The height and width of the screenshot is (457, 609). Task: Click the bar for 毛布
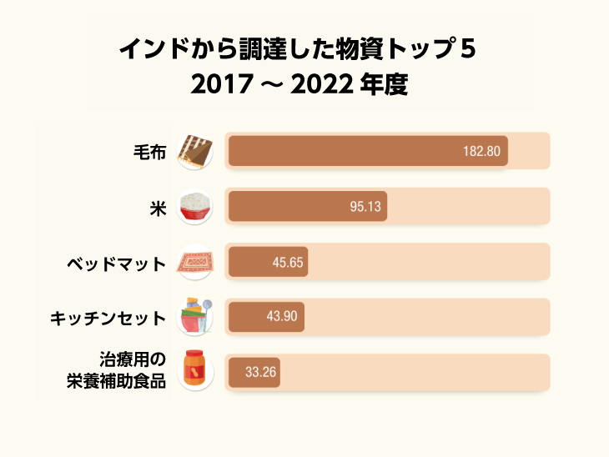pos(367,151)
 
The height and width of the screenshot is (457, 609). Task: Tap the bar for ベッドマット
pos(268,262)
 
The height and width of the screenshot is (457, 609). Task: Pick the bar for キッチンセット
pos(266,317)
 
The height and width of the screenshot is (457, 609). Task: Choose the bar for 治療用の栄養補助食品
pos(254,372)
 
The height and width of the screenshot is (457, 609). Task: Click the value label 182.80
pos(481,151)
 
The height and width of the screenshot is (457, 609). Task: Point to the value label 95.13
pos(365,206)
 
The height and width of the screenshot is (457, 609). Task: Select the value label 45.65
pos(288,262)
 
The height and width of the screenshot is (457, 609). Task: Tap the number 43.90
pos(283,317)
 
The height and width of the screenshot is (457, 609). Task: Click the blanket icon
pos(196,151)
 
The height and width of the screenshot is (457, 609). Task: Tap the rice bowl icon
pos(196,206)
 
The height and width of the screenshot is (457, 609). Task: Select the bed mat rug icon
pos(196,262)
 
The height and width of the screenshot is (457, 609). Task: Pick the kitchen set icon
pos(196,317)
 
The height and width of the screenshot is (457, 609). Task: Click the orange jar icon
pos(196,372)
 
